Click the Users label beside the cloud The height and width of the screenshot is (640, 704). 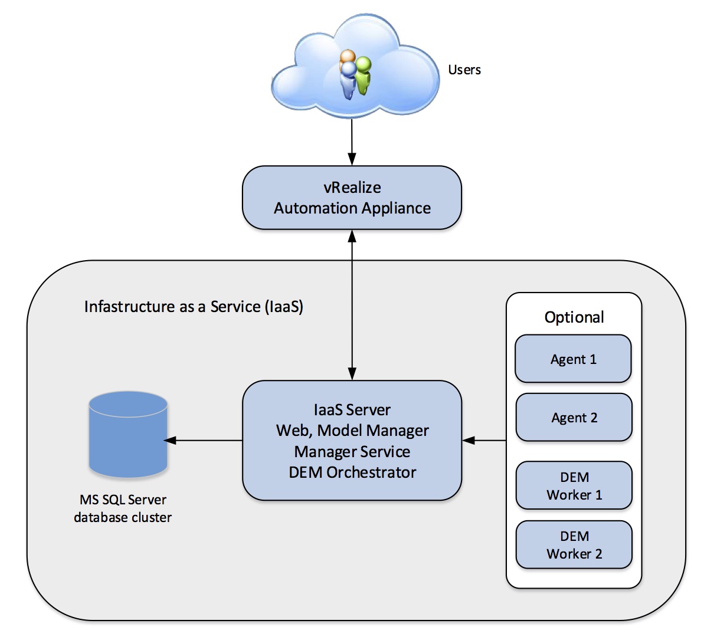point(464,70)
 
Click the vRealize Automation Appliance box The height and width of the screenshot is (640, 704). point(352,198)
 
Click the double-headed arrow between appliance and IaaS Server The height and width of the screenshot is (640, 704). point(352,304)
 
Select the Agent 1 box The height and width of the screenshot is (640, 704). point(573,359)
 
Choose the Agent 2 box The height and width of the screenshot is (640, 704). point(574,418)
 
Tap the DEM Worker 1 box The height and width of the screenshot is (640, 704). point(574,485)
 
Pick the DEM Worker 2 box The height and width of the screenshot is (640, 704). point(574,544)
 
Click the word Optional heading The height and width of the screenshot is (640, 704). point(574,317)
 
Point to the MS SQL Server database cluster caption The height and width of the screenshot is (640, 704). point(123,508)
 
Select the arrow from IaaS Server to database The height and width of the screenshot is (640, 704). point(204,440)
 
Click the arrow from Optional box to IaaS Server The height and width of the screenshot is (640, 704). point(484,440)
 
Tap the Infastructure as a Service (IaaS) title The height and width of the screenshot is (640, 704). point(194,307)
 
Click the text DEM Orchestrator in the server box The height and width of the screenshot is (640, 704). point(352,472)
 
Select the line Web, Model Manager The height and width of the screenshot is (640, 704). point(352,431)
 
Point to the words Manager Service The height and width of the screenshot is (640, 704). point(352,452)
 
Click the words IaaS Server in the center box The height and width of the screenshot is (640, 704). point(352,410)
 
